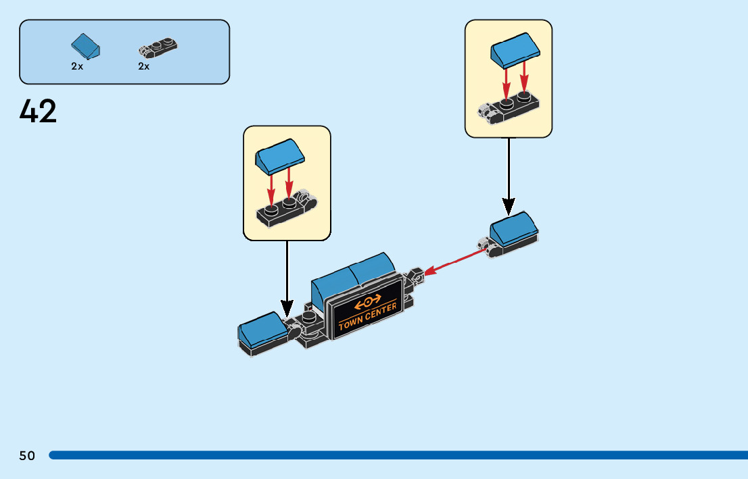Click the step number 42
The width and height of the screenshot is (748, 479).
click(39, 111)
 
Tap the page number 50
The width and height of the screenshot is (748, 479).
click(27, 455)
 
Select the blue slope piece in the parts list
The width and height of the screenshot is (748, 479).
click(87, 46)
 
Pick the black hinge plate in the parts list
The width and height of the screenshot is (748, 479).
click(158, 47)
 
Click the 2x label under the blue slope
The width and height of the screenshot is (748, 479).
click(77, 66)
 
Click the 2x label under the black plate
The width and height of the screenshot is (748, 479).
click(144, 66)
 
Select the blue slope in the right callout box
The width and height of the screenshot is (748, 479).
click(516, 52)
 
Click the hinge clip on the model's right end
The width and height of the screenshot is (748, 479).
click(415, 277)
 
